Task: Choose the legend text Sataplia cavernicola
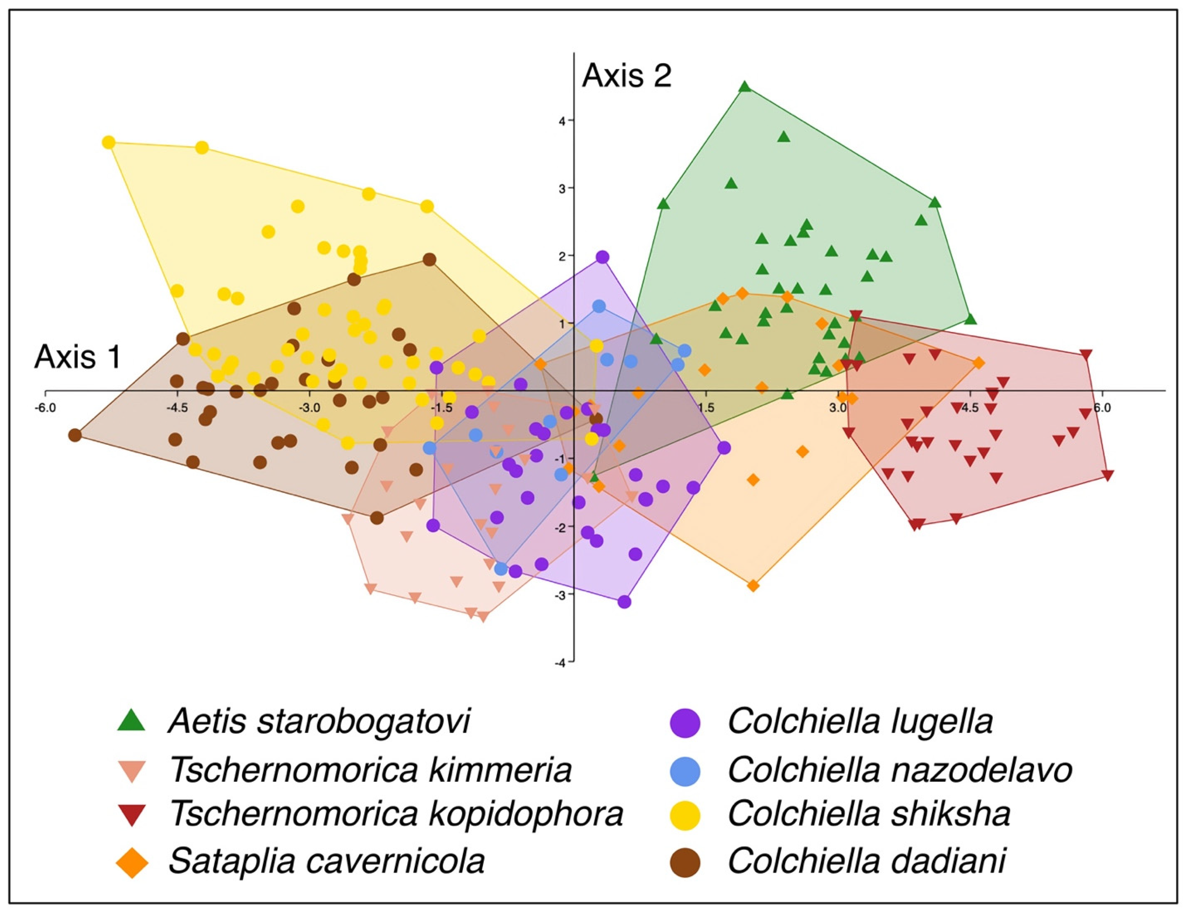pos(326,860)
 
